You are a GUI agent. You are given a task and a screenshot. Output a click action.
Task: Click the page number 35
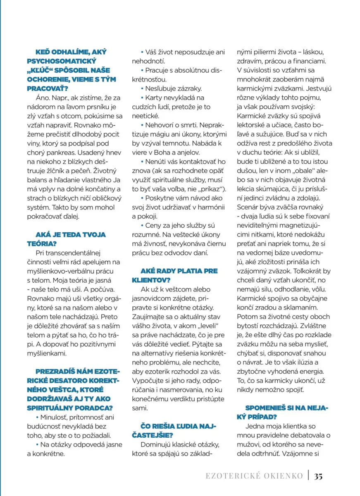(x=318, y=476)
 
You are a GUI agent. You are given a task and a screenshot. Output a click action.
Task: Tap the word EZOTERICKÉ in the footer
(x=231, y=476)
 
